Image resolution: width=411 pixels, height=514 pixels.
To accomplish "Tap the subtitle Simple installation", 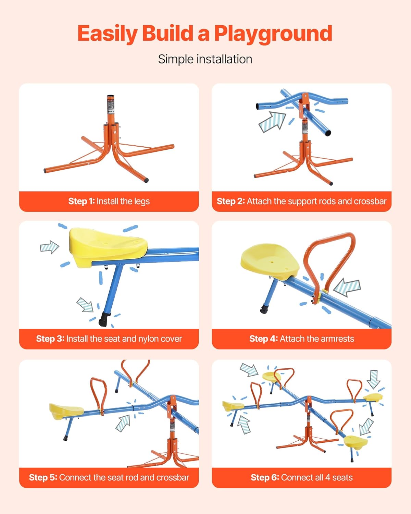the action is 205,59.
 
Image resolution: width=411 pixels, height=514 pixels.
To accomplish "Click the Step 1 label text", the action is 82,201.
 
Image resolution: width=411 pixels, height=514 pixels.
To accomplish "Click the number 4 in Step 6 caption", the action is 328,477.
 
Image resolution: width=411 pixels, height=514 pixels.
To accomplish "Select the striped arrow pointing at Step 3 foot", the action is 86,305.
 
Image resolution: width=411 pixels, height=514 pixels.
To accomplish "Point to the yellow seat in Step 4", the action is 270,262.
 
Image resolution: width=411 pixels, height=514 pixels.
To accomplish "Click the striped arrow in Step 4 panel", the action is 347,287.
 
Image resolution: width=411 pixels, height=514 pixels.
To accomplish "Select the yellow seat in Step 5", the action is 66,411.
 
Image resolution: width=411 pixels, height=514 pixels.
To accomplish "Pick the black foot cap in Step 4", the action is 264,309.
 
